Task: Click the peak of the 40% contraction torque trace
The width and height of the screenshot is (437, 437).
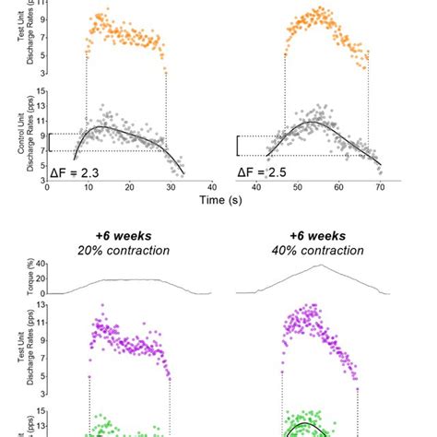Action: point(320,266)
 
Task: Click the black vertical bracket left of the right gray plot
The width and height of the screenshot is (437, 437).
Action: point(239,145)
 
